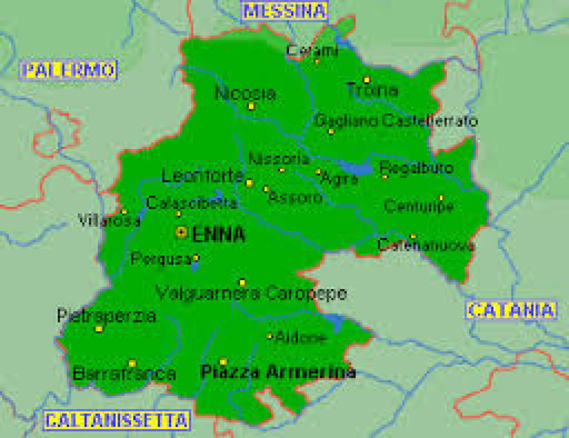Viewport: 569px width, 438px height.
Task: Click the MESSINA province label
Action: coord(284,10)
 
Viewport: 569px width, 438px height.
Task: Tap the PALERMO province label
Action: coord(69,70)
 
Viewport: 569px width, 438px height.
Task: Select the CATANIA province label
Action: coord(511,310)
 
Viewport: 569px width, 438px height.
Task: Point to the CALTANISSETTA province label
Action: coord(117,419)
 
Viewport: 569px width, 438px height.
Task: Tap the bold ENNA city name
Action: coord(219,234)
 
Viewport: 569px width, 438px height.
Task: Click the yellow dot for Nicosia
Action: coord(251,106)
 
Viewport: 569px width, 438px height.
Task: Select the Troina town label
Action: coord(372,90)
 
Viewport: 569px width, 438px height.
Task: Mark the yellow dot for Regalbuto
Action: coord(385,177)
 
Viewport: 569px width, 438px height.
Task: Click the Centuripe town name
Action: coord(419,206)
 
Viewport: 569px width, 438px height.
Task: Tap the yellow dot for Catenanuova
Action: coord(413,236)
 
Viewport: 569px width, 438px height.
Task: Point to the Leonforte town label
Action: coord(202,176)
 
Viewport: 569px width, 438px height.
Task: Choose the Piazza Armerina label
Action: coord(278,372)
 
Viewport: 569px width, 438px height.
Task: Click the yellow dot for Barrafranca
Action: coord(132,363)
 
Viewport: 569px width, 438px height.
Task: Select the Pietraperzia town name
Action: coord(106,316)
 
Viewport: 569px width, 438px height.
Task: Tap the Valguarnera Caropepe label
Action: coord(251,294)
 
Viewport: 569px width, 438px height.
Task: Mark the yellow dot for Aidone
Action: coord(270,336)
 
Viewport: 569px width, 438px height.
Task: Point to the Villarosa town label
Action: coord(110,221)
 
